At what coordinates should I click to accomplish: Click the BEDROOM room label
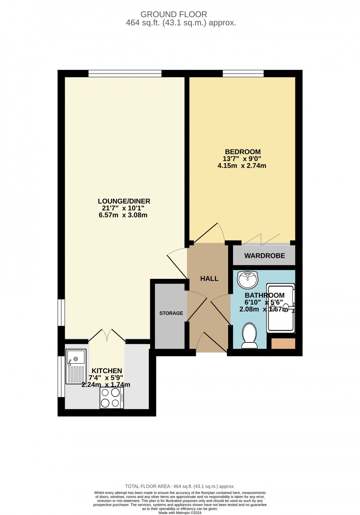242,152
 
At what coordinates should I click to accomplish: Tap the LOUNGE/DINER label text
124,201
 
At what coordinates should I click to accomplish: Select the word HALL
209,279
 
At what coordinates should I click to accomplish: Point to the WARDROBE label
264,256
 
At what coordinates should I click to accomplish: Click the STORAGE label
171,313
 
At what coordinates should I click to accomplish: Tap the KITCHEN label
107,371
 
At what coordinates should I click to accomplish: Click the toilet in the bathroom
249,336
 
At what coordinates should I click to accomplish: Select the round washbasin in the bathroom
248,279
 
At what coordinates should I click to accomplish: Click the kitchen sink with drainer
76,367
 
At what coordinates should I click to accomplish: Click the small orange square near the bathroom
283,343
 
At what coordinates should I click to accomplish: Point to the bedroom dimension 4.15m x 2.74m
242,166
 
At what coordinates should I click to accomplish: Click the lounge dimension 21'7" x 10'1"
123,208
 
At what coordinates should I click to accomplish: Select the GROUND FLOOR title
173,14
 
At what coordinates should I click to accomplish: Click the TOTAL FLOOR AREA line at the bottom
180,486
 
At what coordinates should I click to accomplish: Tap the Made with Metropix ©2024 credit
180,512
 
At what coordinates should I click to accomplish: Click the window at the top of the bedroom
243,73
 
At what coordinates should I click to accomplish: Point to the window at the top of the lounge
125,73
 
